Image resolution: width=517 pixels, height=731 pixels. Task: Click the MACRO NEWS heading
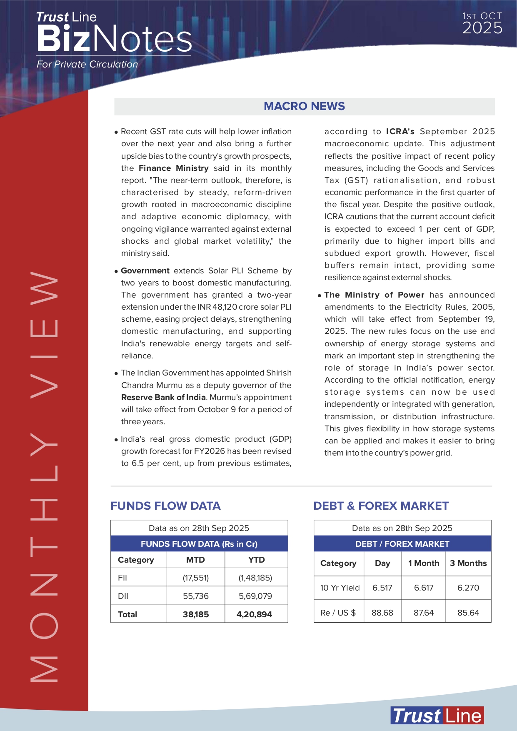(x=304, y=106)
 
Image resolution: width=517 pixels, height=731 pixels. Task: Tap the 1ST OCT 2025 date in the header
(x=482, y=23)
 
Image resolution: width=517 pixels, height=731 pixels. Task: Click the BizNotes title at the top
(x=114, y=39)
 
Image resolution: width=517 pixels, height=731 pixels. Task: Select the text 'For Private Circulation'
(x=87, y=64)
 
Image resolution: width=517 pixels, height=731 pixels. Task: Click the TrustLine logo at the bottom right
(x=437, y=716)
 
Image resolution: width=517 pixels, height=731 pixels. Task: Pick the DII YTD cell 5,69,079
(x=255, y=596)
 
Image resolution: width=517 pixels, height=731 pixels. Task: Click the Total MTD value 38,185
(x=196, y=614)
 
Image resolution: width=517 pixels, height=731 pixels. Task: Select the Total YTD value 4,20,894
(x=254, y=614)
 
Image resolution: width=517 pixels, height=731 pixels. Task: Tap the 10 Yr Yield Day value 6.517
(x=382, y=588)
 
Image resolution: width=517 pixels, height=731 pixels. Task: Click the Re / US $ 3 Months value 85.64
(x=468, y=613)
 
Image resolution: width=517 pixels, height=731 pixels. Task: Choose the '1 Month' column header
(x=424, y=563)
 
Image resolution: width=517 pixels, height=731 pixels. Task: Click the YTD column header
(x=256, y=560)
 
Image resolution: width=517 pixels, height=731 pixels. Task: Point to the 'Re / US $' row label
(x=338, y=613)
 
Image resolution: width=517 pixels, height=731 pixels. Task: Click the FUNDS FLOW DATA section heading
(x=165, y=506)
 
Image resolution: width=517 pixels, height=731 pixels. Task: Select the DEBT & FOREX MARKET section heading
(x=381, y=506)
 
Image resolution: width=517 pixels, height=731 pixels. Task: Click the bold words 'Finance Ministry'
(x=174, y=168)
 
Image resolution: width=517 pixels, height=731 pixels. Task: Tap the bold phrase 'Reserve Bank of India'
(x=163, y=397)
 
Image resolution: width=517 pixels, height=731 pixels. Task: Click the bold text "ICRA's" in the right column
(x=400, y=131)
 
